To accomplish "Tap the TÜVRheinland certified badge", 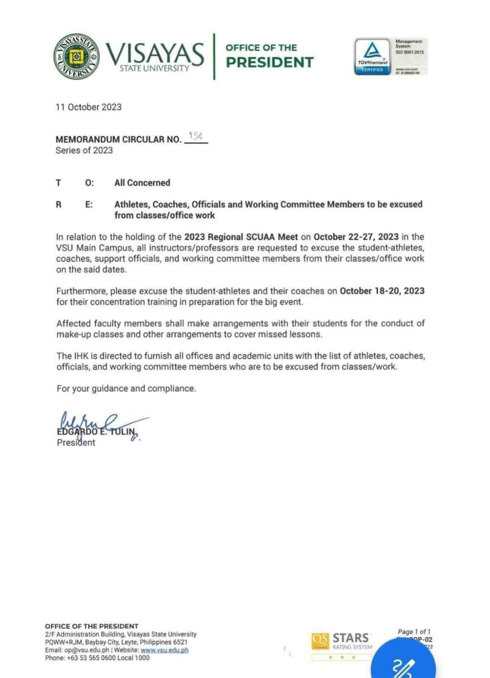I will [x=372, y=56].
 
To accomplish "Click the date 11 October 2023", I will [x=88, y=107].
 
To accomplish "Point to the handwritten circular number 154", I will [x=196, y=136].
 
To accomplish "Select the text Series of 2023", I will [x=84, y=151].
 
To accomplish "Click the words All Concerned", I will [x=142, y=183].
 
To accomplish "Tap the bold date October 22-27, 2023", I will [x=356, y=237].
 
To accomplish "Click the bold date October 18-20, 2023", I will [x=382, y=291].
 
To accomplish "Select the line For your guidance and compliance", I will [x=126, y=388].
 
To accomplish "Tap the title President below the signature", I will [x=76, y=443].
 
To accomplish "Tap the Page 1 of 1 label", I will [x=414, y=632].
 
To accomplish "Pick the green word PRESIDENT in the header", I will [x=269, y=62].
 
